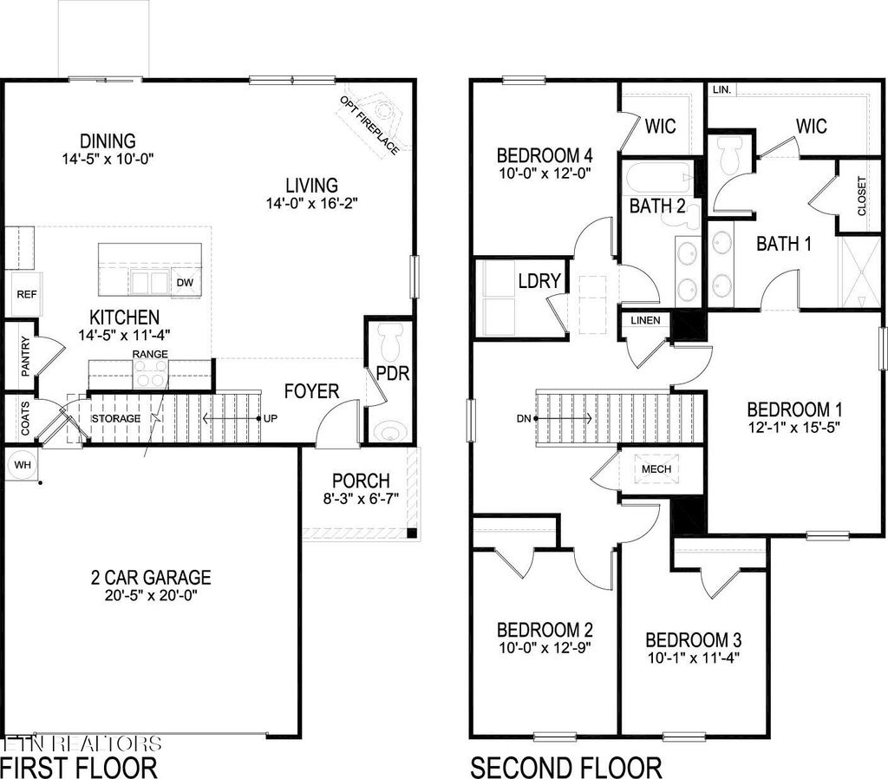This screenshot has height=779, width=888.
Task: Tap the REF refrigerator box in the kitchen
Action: click(26, 295)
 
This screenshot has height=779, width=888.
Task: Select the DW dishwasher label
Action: click(185, 283)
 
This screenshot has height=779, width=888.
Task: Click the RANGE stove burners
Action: click(150, 375)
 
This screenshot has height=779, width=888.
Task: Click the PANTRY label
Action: click(26, 356)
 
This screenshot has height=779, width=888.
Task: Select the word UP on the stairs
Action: click(271, 419)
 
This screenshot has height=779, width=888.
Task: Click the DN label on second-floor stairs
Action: click(523, 419)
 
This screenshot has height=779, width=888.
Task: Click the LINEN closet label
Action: click(644, 320)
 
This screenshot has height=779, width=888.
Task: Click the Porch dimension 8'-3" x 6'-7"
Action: click(362, 500)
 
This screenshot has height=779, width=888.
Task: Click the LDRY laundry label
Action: click(539, 281)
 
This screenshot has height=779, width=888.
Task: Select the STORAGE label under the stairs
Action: click(116, 419)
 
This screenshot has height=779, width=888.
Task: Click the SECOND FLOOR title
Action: click(565, 767)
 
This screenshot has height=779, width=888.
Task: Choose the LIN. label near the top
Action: click(721, 90)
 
